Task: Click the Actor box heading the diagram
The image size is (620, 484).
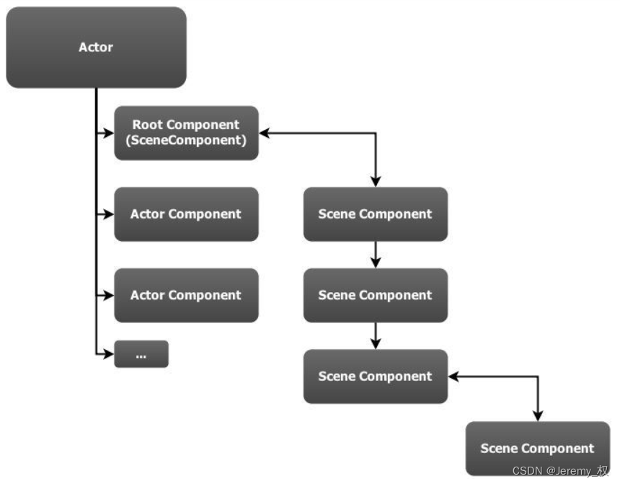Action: (96, 48)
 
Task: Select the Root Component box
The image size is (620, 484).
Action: (186, 133)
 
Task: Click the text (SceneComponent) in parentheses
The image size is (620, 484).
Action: (186, 141)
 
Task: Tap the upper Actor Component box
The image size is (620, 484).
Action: (186, 214)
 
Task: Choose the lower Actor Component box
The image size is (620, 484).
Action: (186, 295)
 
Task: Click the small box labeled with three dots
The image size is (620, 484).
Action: (141, 354)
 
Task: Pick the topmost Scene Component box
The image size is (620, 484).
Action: (375, 214)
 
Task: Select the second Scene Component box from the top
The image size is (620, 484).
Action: (375, 295)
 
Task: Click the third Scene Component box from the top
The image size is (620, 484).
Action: (375, 376)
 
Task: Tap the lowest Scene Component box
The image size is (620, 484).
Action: (537, 448)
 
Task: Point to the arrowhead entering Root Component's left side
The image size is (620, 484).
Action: (109, 133)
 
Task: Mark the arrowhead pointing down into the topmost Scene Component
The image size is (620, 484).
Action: (375, 182)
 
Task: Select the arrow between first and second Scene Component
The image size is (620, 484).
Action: (375, 255)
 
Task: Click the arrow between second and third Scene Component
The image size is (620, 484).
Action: (375, 335)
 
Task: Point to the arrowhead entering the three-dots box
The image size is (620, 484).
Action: (109, 354)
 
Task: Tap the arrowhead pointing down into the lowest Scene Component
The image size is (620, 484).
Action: (537, 416)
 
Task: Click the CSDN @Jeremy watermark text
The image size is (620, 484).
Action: (559, 471)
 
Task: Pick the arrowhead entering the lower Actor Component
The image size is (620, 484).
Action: (109, 295)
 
